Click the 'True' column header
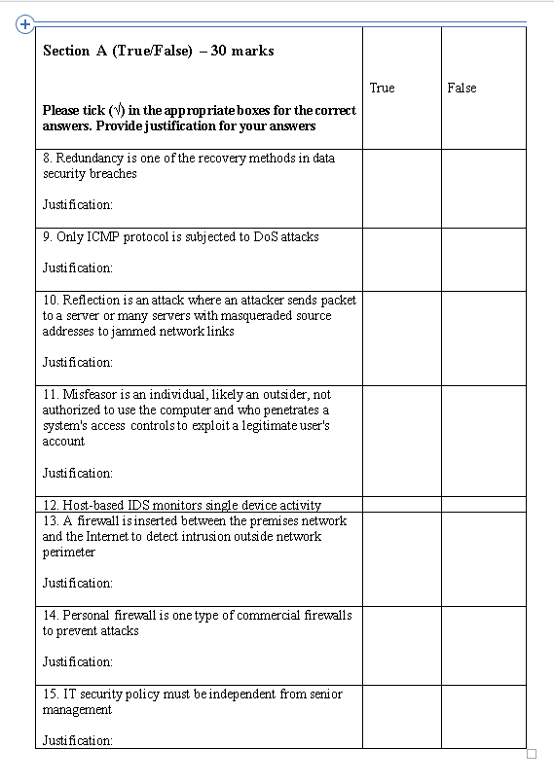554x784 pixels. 382,88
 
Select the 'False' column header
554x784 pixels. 462,88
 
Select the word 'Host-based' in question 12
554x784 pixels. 94,505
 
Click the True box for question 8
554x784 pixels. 401,188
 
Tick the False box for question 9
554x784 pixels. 483,259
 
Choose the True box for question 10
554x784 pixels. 401,337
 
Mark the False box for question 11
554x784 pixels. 483,441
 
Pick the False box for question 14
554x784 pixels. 483,644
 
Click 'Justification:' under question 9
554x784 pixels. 78,267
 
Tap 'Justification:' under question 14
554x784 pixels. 78,661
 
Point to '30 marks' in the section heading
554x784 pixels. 242,51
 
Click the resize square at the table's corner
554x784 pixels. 531,754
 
